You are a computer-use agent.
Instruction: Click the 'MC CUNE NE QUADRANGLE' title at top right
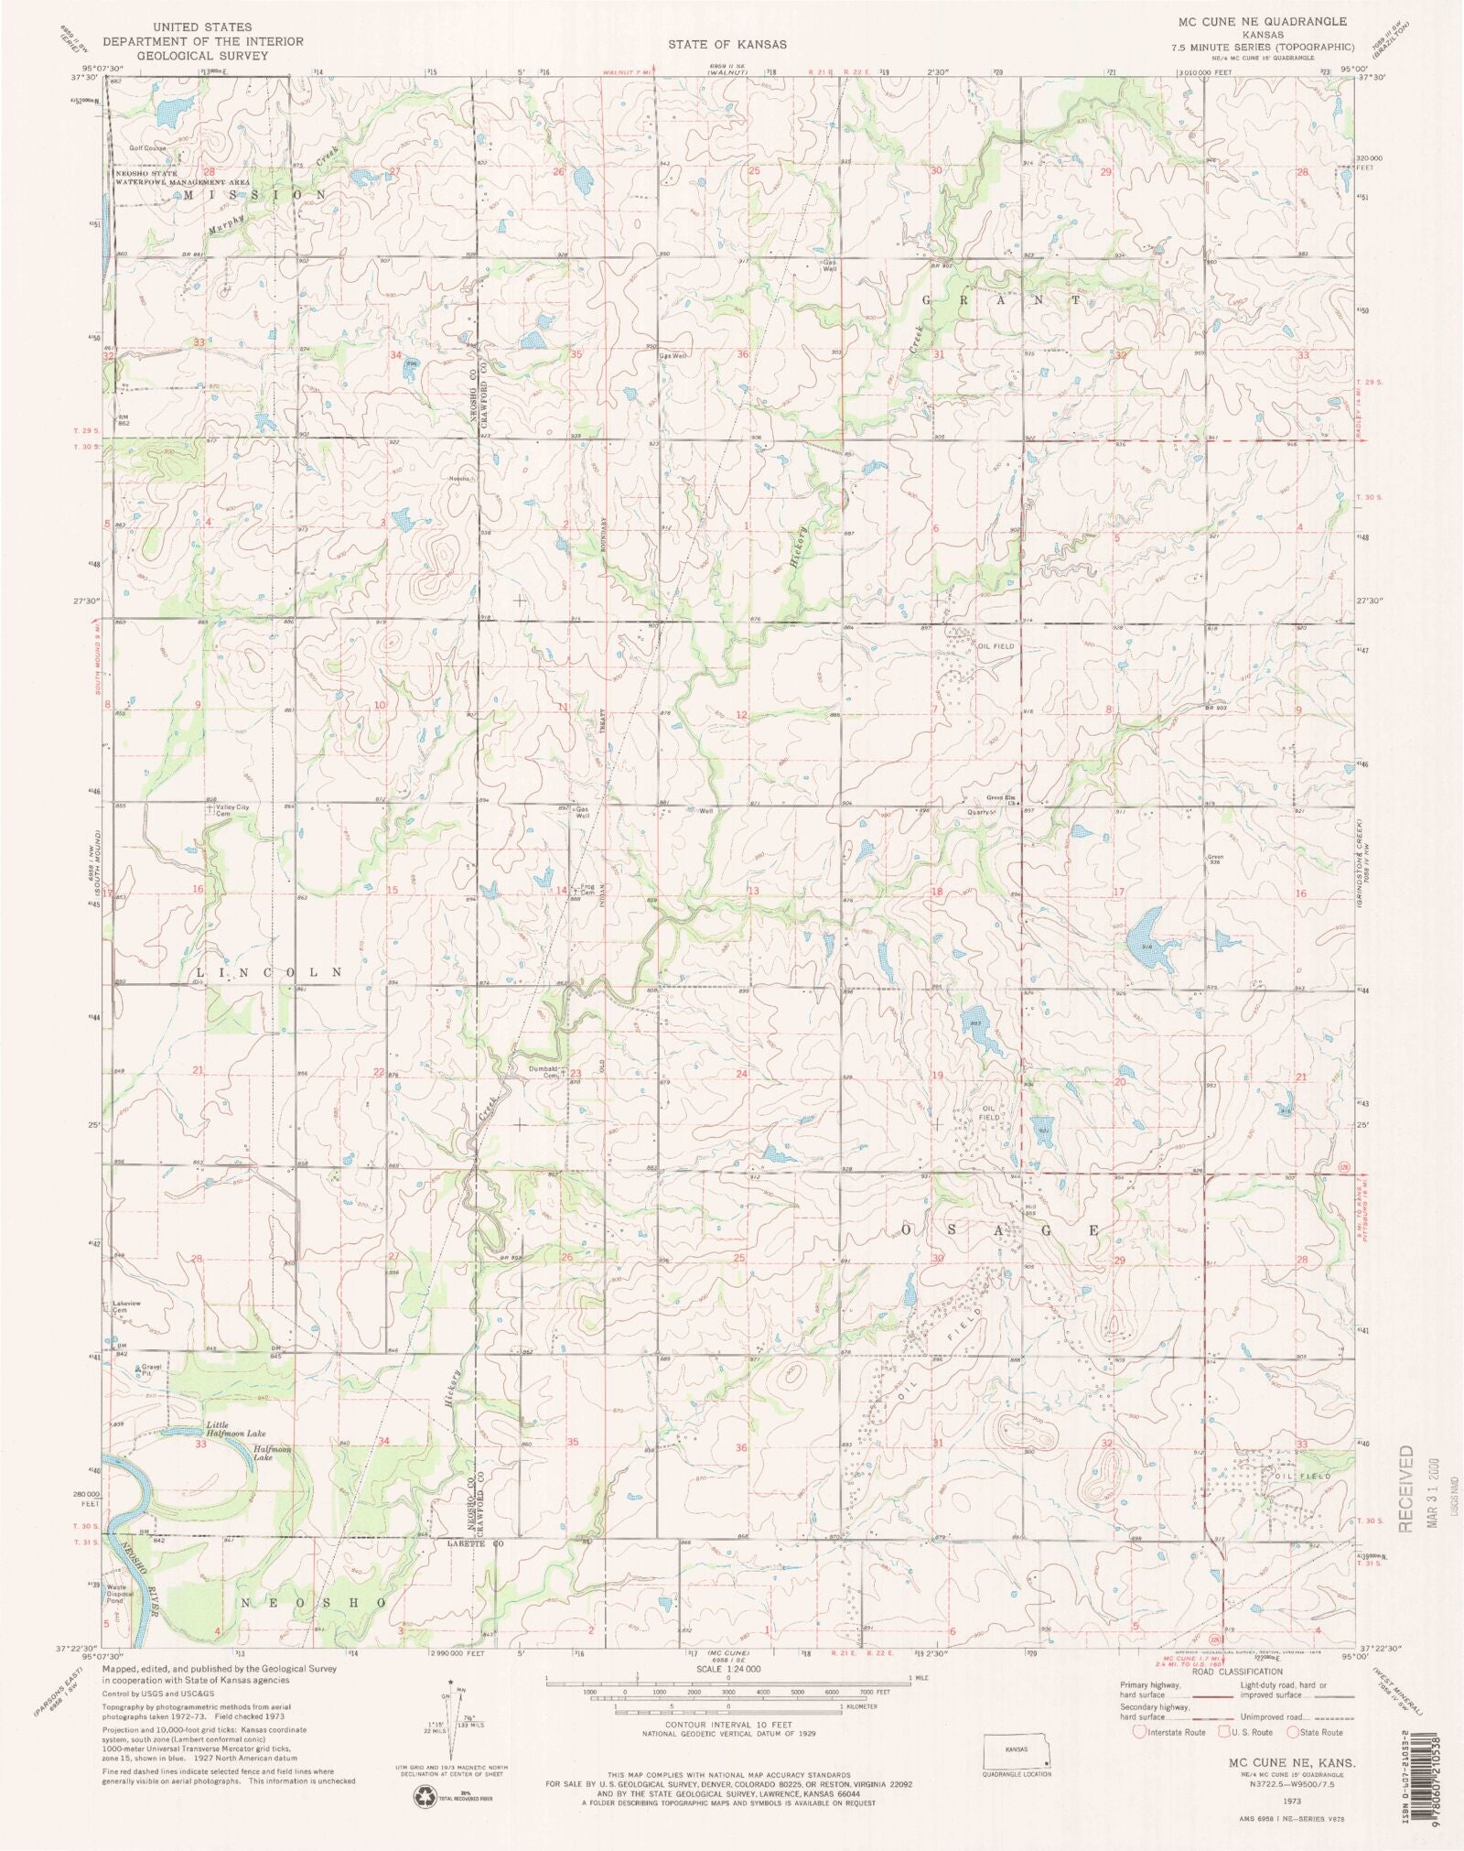(x=1265, y=20)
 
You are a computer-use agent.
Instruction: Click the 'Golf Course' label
(x=145, y=147)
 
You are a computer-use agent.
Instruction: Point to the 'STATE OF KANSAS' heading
(x=727, y=44)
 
